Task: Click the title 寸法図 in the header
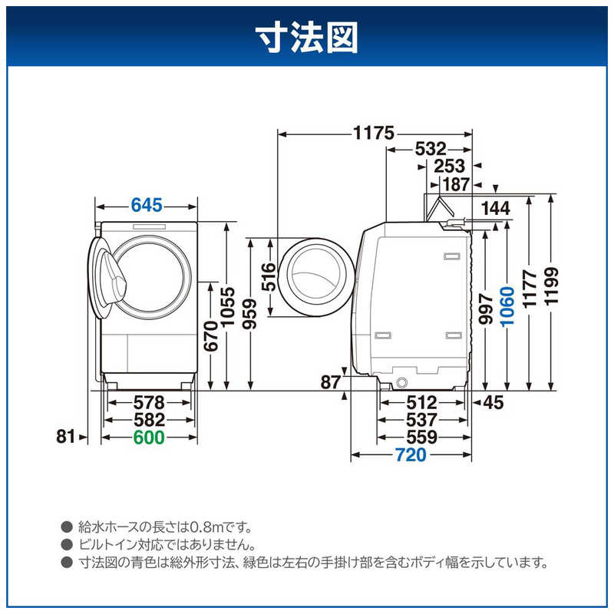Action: (x=307, y=36)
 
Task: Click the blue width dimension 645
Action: (x=147, y=205)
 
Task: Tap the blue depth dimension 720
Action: (x=410, y=455)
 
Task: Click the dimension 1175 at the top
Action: (x=374, y=133)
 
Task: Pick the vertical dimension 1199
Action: (x=550, y=287)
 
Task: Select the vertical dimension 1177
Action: (x=529, y=289)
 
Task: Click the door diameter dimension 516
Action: (x=268, y=277)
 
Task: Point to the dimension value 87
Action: (x=330, y=382)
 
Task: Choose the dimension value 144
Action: (x=494, y=208)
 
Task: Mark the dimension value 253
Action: (x=449, y=166)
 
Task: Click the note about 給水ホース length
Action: (x=165, y=527)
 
